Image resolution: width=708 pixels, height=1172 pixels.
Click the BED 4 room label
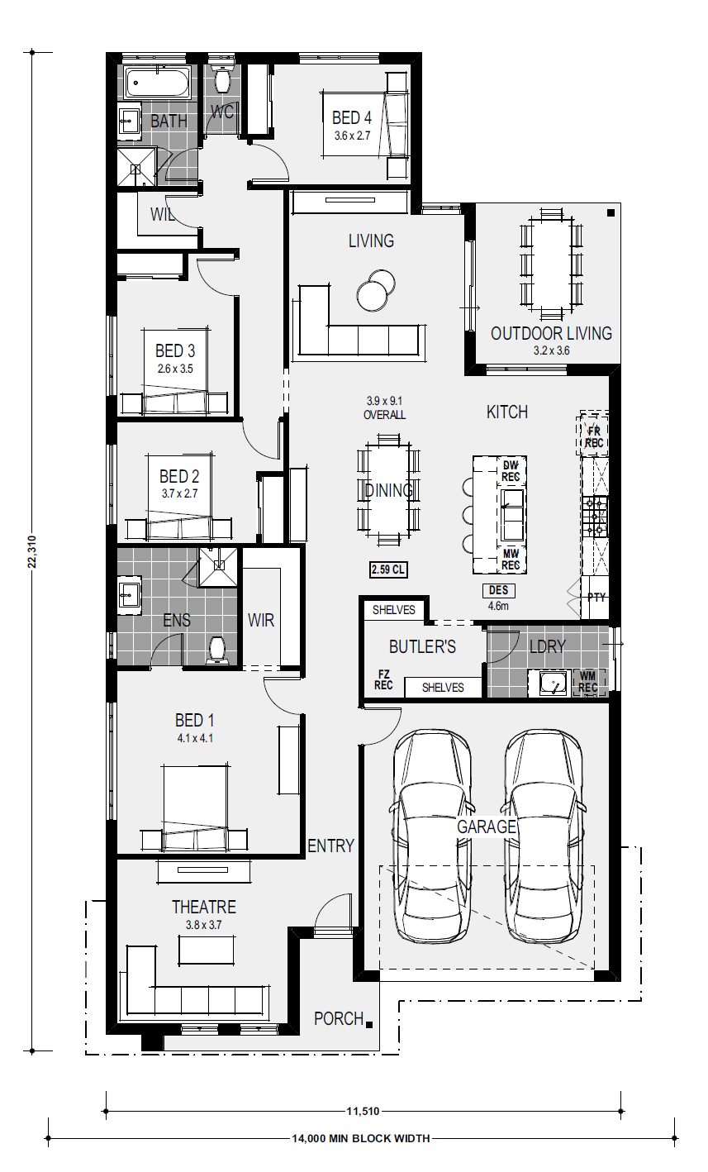[x=351, y=117]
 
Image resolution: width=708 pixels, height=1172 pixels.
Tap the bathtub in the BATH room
[x=156, y=82]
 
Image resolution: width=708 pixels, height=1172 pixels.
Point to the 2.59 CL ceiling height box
[x=388, y=569]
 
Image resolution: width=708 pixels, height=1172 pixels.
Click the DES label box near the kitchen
[x=498, y=590]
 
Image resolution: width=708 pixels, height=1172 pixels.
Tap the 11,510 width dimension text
[x=363, y=1112]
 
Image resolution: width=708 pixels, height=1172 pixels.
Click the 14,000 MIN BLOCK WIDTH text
[x=361, y=1138]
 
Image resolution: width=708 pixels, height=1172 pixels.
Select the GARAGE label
[x=487, y=827]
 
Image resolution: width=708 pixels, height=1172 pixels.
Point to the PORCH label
[x=339, y=1019]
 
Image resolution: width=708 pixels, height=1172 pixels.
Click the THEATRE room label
[x=204, y=907]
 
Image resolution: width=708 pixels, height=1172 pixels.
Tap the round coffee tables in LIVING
[x=376, y=290]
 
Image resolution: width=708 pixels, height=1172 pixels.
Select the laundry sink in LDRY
[x=554, y=683]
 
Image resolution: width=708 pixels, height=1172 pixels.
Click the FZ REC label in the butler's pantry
[x=383, y=679]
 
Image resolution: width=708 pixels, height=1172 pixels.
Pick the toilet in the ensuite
[x=216, y=650]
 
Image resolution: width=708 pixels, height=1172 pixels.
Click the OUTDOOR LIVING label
[x=551, y=333]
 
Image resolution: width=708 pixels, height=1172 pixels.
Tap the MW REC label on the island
[x=511, y=560]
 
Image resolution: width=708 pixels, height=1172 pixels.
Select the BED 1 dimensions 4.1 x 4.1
[x=194, y=739]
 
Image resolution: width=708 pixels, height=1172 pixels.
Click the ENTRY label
[x=330, y=846]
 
